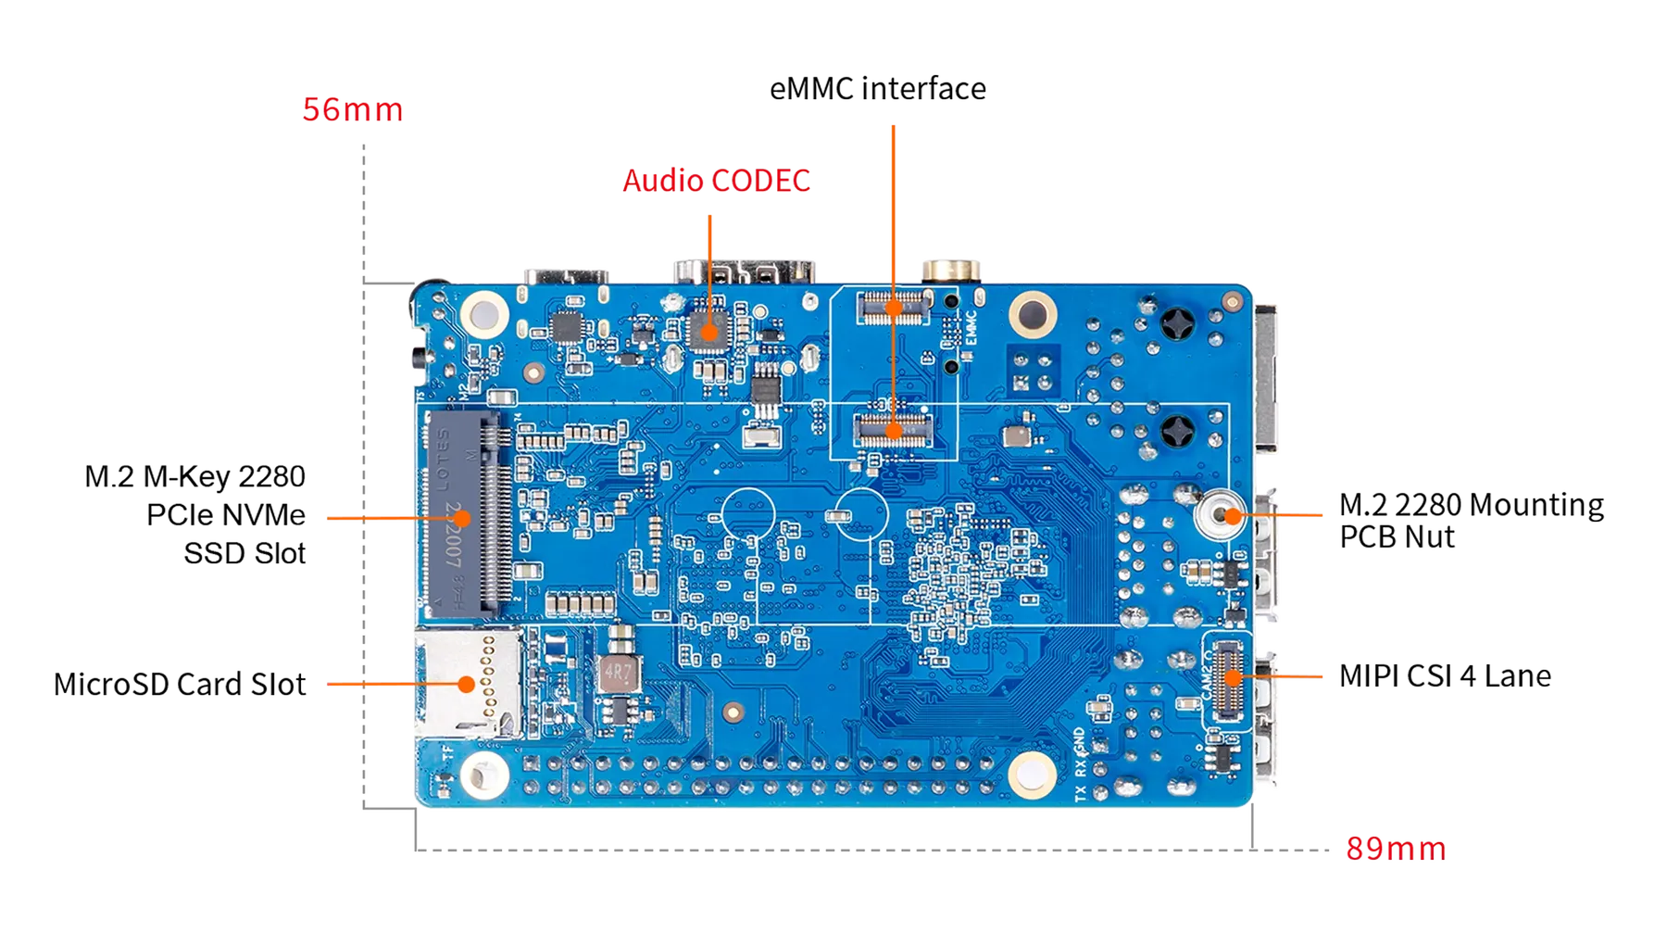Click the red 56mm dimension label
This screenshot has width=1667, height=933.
[353, 110]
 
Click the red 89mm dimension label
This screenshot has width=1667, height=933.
[1395, 849]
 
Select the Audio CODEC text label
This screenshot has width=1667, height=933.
[716, 180]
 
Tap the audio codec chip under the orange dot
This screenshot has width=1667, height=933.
[710, 332]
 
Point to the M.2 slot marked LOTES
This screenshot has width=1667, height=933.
[462, 514]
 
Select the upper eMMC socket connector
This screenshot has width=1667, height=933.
[894, 306]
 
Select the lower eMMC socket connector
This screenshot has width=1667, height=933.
[894, 429]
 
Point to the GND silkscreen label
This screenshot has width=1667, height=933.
[1080, 740]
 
